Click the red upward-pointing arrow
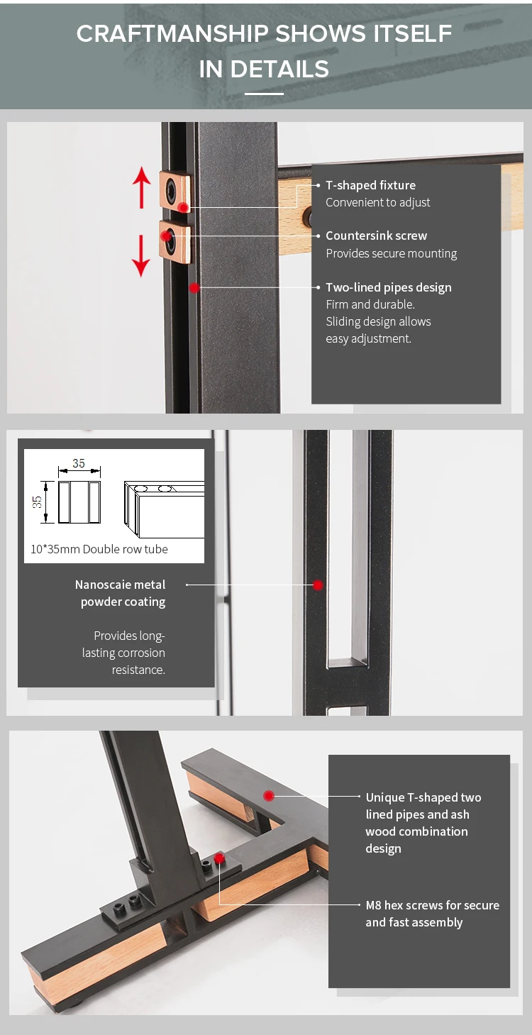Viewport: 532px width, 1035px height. [141, 187]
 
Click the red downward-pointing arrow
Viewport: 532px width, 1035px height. [141, 256]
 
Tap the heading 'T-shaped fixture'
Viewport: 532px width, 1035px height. [371, 185]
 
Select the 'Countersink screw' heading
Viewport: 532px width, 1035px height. [376, 236]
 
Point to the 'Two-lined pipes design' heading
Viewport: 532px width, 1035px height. [389, 287]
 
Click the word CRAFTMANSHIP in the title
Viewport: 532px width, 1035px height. [172, 34]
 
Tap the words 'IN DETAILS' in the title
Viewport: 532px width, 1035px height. [264, 70]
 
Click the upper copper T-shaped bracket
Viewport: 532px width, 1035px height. [175, 192]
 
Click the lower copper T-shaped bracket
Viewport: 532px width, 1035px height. [175, 241]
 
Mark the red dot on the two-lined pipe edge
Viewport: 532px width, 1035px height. [194, 288]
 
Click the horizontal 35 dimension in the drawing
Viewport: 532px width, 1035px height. [79, 463]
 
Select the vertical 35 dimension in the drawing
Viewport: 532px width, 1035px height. [37, 502]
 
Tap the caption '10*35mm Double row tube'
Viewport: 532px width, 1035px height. [99, 549]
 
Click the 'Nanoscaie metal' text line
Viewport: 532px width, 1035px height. [120, 585]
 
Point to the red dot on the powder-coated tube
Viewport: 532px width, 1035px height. [318, 585]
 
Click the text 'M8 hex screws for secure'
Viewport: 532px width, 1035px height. [432, 904]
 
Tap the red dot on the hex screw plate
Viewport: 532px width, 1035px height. [219, 859]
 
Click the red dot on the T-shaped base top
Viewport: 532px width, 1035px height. [269, 796]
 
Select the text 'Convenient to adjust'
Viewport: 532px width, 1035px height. [377, 202]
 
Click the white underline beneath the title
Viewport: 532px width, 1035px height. [264, 94]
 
